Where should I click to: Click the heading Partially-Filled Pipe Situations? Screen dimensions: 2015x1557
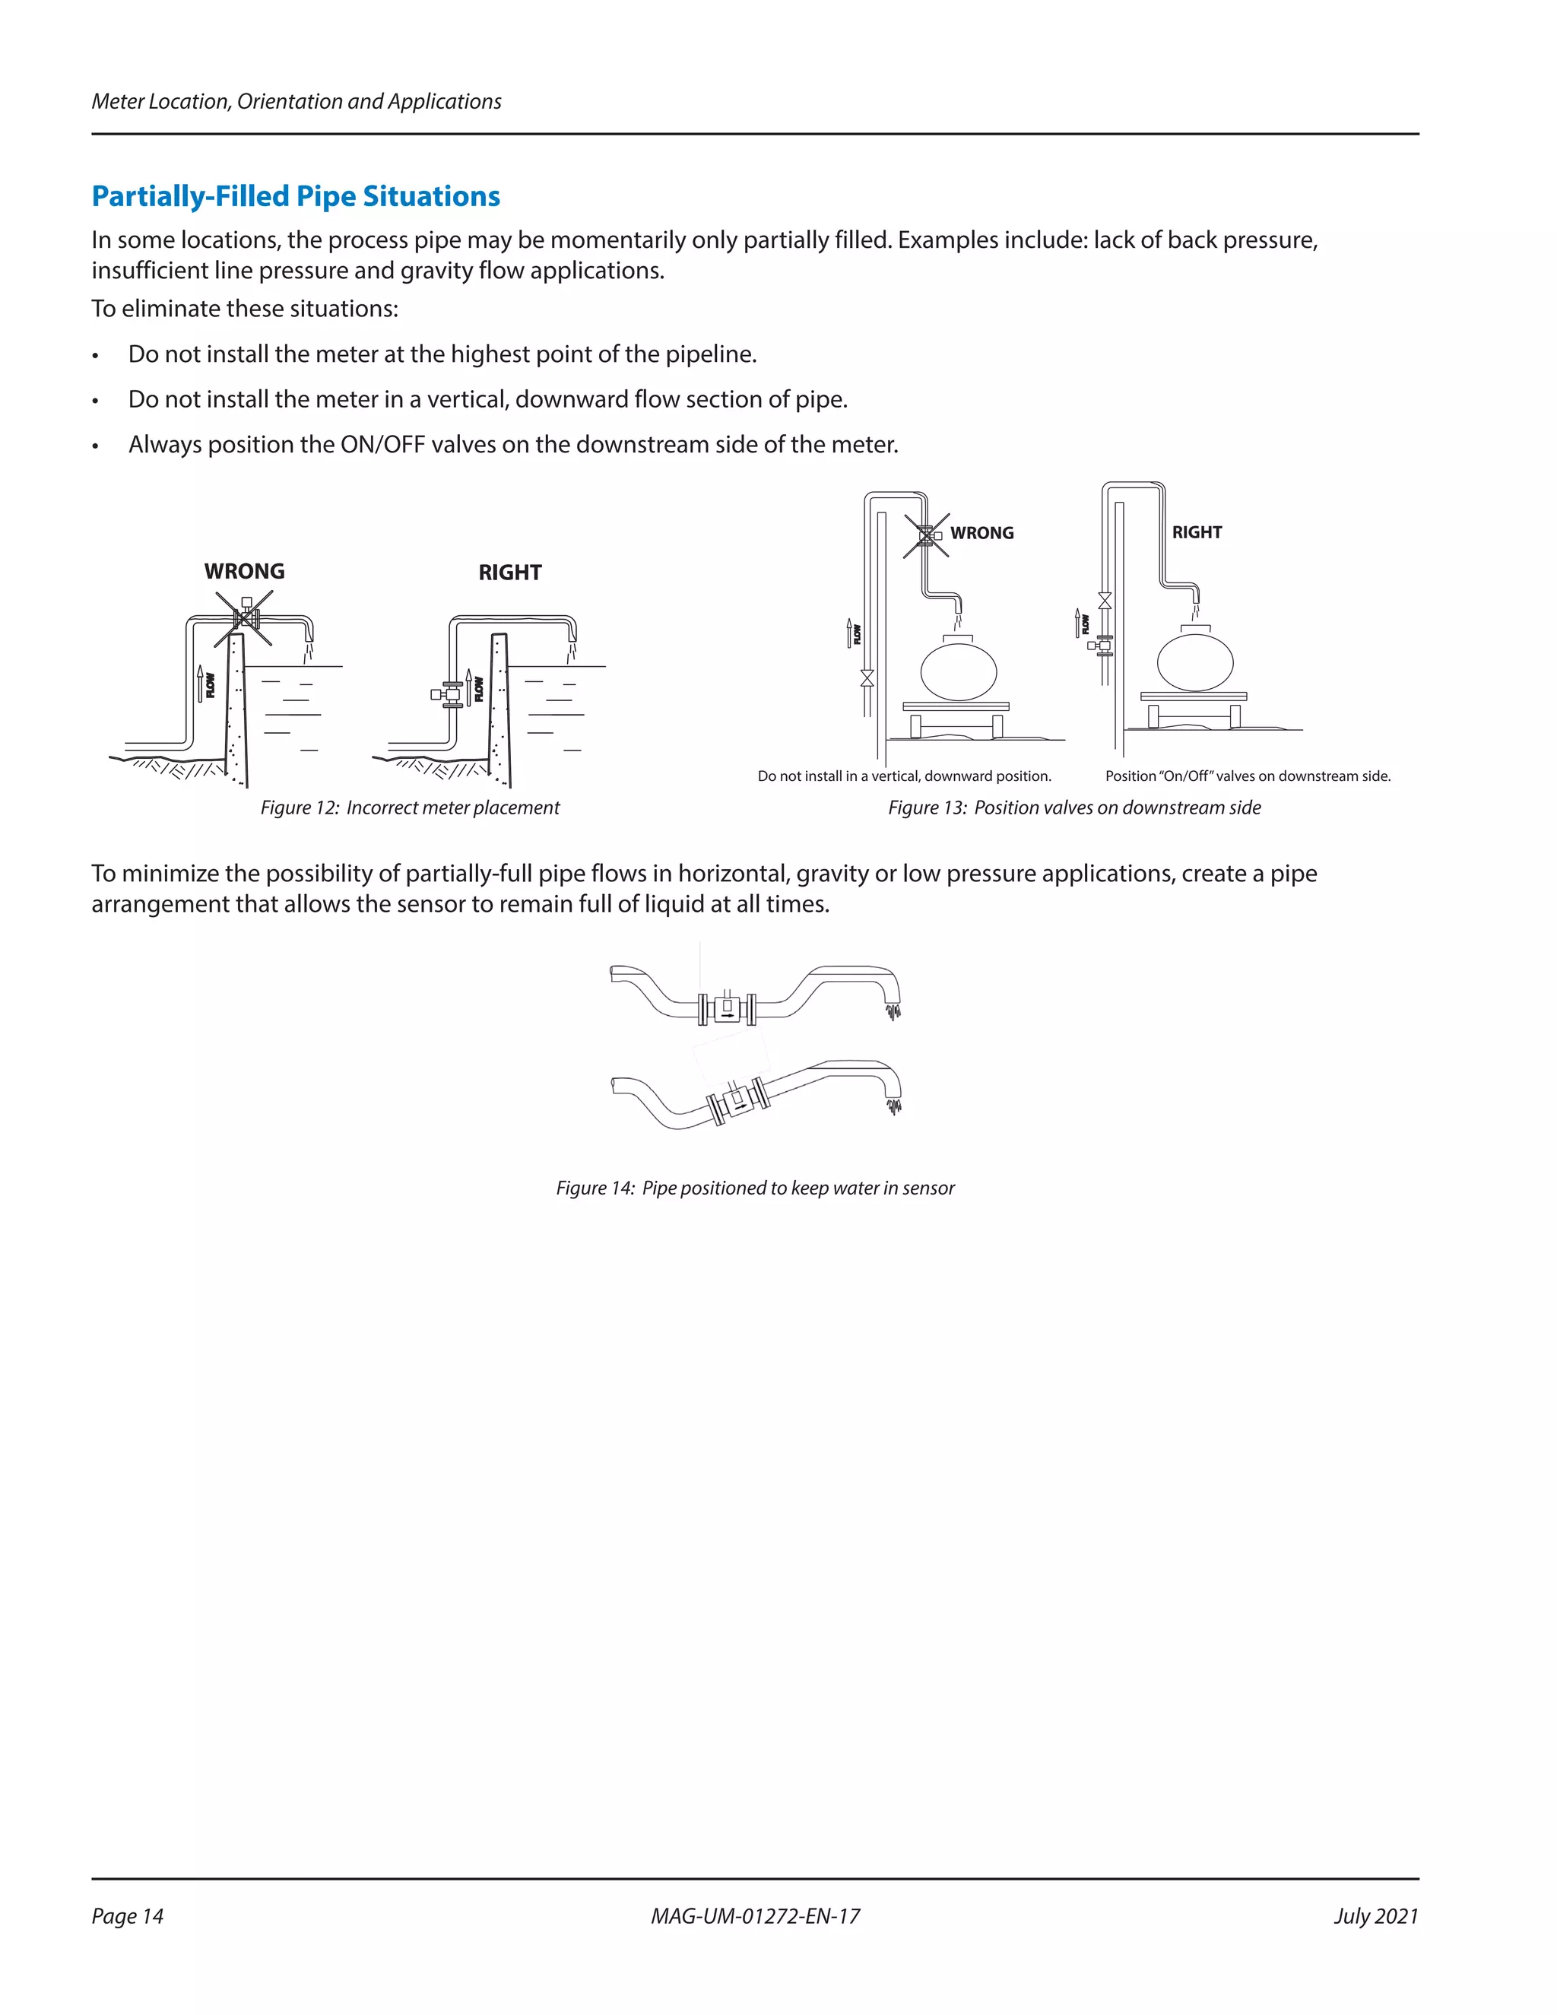click(295, 196)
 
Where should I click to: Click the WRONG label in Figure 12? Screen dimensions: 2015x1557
click(245, 571)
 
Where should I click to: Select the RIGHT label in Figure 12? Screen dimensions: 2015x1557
click(509, 573)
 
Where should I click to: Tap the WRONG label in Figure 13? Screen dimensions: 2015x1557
click(981, 533)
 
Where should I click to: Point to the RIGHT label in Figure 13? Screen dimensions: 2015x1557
click(1197, 532)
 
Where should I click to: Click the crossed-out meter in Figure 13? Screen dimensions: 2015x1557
click(926, 536)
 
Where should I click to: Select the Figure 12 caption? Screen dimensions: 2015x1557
click(410, 808)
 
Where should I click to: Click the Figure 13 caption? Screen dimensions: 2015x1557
click(1073, 808)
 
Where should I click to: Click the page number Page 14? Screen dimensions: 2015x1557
click(127, 1916)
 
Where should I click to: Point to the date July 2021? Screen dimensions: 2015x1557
click(1375, 1916)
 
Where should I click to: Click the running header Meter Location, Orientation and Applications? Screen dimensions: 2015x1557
click(296, 101)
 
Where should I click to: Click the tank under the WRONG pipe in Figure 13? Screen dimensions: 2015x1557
click(959, 671)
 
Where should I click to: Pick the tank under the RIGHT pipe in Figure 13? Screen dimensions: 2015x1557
click(1194, 662)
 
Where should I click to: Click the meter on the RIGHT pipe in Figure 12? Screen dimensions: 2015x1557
click(450, 693)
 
